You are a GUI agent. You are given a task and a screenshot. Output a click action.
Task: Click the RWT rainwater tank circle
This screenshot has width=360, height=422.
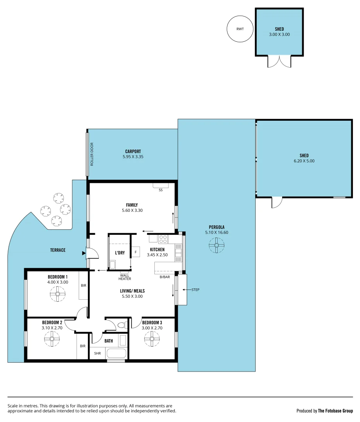tap(240, 29)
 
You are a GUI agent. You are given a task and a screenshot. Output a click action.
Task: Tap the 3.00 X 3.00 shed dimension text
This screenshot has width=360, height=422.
tap(279, 34)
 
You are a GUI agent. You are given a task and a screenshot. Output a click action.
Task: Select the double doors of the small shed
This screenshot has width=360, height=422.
tap(279, 61)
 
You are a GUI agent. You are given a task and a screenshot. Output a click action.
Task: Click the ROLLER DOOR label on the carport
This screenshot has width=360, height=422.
tap(92, 154)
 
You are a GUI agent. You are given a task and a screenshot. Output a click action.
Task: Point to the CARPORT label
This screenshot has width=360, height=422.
tap(133, 152)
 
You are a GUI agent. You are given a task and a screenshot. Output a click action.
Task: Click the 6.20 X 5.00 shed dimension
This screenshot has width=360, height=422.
tap(304, 161)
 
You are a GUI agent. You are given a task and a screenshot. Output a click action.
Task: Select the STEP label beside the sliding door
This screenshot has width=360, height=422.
tap(195, 290)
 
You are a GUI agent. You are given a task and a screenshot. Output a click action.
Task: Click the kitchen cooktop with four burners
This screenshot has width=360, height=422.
tap(163, 239)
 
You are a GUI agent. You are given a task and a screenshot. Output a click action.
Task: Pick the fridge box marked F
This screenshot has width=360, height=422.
tap(136, 252)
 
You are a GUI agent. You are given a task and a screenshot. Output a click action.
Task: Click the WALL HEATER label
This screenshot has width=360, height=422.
tap(125, 277)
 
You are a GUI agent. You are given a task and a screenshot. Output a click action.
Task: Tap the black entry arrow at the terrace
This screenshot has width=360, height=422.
tap(83, 254)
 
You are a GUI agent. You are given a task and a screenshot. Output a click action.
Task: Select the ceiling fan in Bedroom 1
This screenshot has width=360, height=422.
tap(57, 294)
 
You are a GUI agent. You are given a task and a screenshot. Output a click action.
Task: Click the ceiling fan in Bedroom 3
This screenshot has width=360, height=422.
tap(152, 339)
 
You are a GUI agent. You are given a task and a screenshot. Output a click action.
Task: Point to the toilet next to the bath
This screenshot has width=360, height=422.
tap(121, 325)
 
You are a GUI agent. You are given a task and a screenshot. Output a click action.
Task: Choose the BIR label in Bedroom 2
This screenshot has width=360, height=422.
tap(82, 346)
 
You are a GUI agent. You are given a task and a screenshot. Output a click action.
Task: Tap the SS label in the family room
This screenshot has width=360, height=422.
tap(160, 190)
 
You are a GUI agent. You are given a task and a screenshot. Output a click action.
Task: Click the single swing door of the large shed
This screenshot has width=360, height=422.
tap(277, 202)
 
